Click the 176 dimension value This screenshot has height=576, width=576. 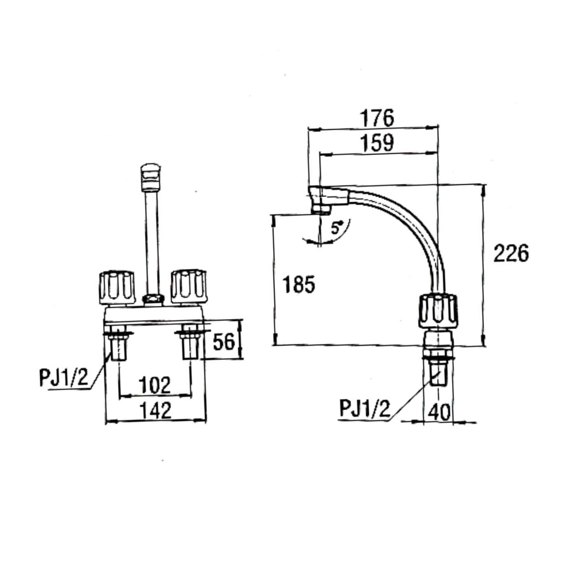(377, 118)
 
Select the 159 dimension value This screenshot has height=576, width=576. (377, 142)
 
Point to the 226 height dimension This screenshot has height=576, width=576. (510, 253)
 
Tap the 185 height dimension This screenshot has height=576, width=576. (299, 285)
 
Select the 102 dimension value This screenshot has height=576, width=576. (155, 385)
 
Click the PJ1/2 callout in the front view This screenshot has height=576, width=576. (63, 378)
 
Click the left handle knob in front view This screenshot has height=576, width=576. (117, 286)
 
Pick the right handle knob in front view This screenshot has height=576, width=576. (188, 286)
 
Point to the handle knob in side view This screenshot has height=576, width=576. (438, 311)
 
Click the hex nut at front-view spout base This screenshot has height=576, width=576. (153, 299)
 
